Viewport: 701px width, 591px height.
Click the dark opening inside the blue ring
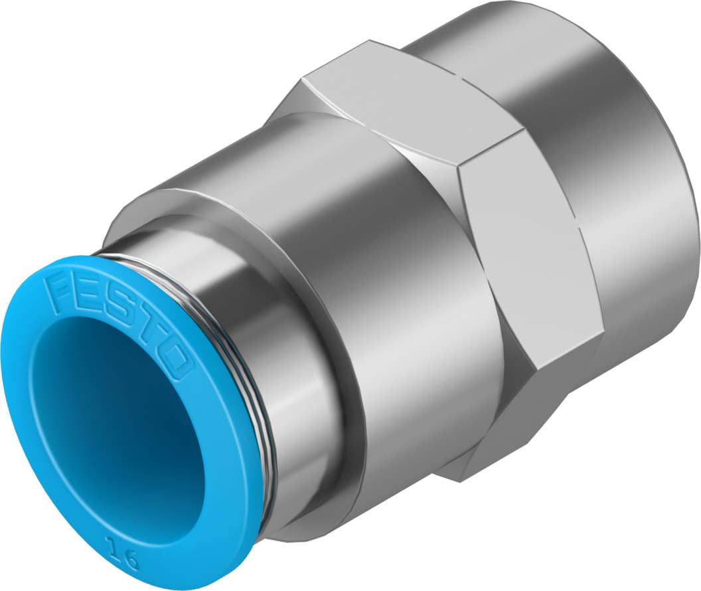coord(119,425)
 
